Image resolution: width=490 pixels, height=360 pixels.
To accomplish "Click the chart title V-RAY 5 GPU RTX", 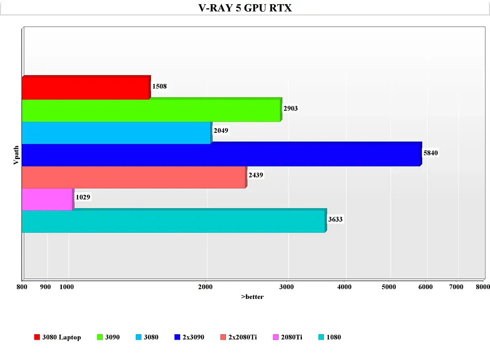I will click(245, 8).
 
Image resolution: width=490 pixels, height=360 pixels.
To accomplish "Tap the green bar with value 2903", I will click(151, 110).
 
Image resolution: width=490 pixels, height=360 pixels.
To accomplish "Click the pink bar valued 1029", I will click(47, 199).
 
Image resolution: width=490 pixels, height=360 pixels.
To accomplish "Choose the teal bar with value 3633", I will click(173, 222).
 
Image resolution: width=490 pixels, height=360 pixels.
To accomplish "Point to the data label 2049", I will click(221, 131).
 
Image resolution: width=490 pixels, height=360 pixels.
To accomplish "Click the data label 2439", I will click(256, 175).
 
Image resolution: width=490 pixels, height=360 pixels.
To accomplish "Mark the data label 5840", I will click(431, 153).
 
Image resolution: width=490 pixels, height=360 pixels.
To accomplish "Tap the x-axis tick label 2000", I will click(206, 287).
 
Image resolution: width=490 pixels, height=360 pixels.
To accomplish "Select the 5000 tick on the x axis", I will click(389, 287).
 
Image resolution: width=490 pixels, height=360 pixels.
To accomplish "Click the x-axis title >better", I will click(252, 297).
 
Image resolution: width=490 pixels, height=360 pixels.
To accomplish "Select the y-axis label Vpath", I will click(16, 154).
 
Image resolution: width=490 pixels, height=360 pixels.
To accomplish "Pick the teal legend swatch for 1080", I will click(321, 337).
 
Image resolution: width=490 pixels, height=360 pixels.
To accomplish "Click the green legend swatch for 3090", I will click(100, 337).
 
